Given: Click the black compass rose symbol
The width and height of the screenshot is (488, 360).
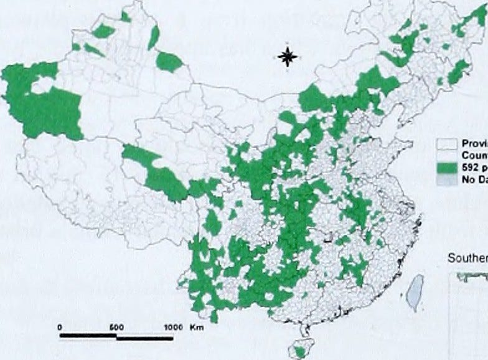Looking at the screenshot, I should point(288,57).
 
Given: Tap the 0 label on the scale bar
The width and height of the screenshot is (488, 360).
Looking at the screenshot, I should point(60,326).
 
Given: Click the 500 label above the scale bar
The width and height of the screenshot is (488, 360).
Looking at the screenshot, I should point(116,326).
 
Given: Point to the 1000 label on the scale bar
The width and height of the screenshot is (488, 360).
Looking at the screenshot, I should point(172,326).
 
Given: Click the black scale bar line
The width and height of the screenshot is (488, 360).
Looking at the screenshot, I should point(116,337).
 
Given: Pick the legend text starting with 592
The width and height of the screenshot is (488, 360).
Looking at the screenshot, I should point(474,168).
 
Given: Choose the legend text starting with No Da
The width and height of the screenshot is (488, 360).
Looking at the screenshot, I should point(474,180).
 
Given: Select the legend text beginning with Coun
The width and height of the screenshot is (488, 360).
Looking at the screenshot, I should point(474,155).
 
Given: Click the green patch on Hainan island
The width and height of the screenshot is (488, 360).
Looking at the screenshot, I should point(300,352).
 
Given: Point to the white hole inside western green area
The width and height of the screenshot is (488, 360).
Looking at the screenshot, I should point(43,85).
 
